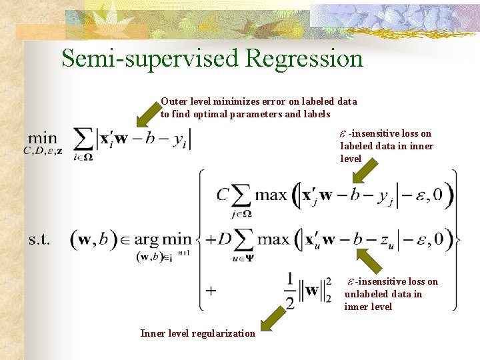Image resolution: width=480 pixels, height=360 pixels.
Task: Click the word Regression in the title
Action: coord(304,59)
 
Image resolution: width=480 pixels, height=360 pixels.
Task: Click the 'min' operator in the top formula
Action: coord(43,136)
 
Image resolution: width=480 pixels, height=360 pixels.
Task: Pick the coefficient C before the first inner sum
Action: coord(223,195)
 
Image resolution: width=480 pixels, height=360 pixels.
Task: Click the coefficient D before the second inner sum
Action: coord(224,238)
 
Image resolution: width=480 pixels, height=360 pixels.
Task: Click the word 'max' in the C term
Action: coord(271,195)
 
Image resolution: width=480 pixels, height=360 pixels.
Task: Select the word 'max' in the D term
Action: coord(273,238)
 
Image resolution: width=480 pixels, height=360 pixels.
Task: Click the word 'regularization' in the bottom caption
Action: coord(223,333)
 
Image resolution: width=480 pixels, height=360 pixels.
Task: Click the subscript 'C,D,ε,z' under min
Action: coord(43,151)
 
